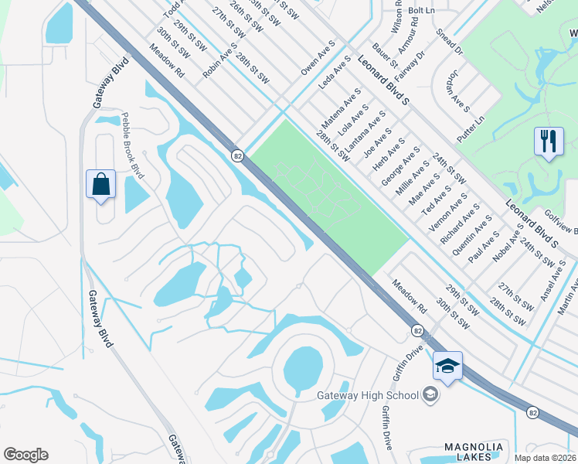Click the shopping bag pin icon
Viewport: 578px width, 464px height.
point(101,185)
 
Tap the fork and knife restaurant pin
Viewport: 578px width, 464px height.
point(549,142)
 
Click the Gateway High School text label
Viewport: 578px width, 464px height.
point(372,395)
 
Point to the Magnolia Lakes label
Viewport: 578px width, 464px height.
point(474,452)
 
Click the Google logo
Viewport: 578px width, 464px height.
point(26,454)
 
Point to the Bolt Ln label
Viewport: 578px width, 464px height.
point(421,10)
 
